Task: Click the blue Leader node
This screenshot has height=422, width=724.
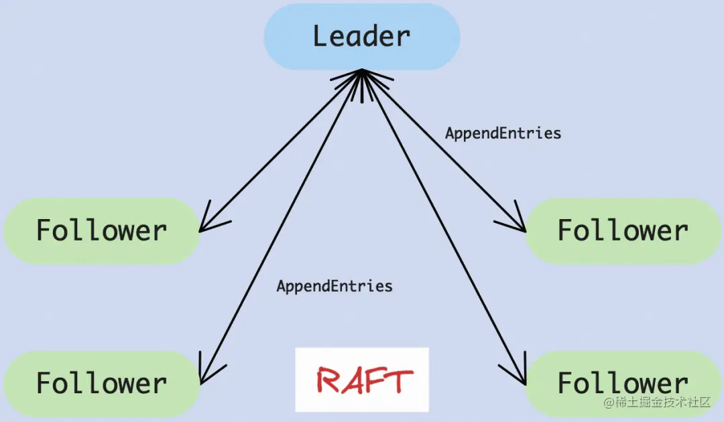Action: pyautogui.click(x=361, y=36)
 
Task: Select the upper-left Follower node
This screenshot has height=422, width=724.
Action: pyautogui.click(x=102, y=230)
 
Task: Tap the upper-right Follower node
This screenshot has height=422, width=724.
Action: pyautogui.click(x=623, y=230)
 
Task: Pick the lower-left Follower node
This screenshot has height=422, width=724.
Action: pyautogui.click(x=102, y=383)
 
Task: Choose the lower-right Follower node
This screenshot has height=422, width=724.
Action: pyautogui.click(x=623, y=383)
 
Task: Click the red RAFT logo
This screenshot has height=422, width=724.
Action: pyautogui.click(x=362, y=380)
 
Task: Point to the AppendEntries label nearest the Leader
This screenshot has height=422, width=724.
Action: pyautogui.click(x=503, y=133)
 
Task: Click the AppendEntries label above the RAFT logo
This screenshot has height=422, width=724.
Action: pyautogui.click(x=335, y=287)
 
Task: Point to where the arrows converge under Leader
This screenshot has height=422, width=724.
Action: pyautogui.click(x=362, y=72)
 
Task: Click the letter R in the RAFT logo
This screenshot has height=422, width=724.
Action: pyautogui.click(x=330, y=380)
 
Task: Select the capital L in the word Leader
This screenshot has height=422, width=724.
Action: pyautogui.click(x=321, y=36)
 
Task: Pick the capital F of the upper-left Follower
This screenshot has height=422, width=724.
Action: pyautogui.click(x=44, y=230)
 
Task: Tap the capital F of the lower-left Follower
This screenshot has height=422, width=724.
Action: pyautogui.click(x=44, y=383)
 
